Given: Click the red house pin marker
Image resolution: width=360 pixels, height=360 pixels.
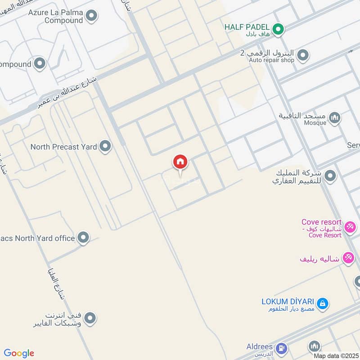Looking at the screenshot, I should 180,162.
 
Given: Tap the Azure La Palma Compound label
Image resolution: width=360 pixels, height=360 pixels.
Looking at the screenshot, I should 56,17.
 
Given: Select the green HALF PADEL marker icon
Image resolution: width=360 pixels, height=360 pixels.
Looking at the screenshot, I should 279,30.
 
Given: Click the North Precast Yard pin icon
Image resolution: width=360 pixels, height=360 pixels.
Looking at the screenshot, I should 105,146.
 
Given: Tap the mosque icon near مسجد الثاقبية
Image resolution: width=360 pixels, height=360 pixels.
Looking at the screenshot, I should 334,118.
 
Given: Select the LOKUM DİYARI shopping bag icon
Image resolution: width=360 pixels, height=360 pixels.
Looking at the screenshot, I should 322,304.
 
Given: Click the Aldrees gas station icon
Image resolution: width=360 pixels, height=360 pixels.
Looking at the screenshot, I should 282,347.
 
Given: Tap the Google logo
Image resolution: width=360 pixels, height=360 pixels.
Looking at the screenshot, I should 19,353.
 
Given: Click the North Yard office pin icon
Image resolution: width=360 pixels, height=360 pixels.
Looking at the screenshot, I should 83,238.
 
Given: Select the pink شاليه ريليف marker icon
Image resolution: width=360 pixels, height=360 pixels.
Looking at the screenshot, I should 348,258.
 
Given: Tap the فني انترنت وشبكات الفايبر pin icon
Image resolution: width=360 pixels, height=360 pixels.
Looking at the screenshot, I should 90,319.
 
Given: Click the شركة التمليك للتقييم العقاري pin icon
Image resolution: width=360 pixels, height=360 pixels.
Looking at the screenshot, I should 330,175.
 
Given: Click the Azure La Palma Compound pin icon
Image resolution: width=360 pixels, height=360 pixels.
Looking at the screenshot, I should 92,16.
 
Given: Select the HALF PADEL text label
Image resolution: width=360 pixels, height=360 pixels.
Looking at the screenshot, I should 247,27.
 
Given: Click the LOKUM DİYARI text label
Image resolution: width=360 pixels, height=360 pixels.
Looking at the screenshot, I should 288,301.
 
